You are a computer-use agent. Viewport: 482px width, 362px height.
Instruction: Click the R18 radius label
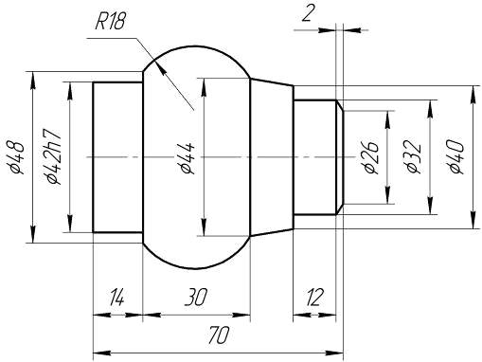111,22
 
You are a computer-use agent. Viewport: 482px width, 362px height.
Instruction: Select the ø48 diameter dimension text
16,157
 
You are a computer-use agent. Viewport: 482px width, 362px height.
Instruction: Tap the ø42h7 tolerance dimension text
53,156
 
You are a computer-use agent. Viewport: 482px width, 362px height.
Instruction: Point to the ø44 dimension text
187,157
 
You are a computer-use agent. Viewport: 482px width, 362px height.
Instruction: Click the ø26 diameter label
371,156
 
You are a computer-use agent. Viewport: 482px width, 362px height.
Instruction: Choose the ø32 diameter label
414,157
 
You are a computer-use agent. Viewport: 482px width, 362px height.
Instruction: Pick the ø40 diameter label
456,157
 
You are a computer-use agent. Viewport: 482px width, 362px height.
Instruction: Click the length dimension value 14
116,298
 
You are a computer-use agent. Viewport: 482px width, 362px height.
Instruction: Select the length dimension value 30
196,298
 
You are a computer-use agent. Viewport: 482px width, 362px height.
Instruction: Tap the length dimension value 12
314,298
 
